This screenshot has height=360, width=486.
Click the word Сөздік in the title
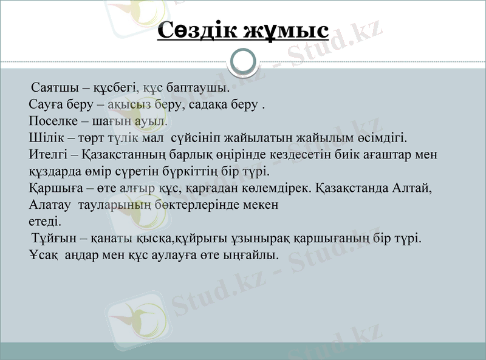196,30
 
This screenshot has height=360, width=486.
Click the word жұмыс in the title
286,30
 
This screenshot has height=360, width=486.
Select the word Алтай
415,188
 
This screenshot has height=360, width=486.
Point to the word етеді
45,222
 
